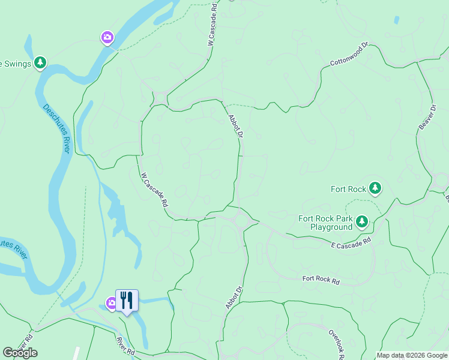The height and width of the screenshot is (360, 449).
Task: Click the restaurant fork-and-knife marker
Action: (x=127, y=300)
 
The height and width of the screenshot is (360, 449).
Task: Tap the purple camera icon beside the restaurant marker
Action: (x=112, y=304)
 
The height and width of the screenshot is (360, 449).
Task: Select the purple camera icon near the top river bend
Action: (x=107, y=38)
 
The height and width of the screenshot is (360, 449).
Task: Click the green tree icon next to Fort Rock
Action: (x=375, y=188)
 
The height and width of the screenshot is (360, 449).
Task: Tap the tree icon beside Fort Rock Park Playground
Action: (x=361, y=223)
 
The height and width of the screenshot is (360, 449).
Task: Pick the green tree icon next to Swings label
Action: (x=40, y=62)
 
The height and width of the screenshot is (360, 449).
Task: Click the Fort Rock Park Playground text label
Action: (x=325, y=223)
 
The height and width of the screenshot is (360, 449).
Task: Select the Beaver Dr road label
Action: (x=427, y=118)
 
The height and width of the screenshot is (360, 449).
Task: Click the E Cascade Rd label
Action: (x=351, y=242)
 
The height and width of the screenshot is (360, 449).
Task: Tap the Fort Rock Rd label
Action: (x=321, y=280)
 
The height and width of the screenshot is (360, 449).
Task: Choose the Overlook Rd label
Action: (x=336, y=343)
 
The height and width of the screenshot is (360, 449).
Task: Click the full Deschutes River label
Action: (x=57, y=128)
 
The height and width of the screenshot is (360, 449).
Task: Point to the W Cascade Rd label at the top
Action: (x=212, y=23)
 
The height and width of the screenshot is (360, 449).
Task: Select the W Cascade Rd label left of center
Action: (x=154, y=190)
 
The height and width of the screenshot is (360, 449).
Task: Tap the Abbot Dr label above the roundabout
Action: (x=235, y=127)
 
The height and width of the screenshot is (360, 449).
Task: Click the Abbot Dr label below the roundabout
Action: (x=234, y=297)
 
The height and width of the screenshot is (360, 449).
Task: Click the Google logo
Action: (x=20, y=353)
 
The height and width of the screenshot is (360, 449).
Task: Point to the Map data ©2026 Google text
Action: (x=412, y=355)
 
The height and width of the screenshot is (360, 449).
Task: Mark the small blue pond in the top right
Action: (x=397, y=20)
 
